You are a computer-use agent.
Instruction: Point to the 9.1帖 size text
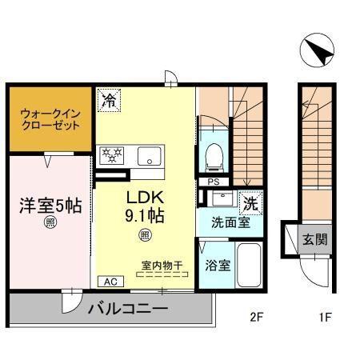[146, 216]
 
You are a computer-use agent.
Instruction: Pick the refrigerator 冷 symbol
[108, 100]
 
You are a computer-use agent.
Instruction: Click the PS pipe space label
[213, 182]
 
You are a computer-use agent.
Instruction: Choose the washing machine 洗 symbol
[250, 203]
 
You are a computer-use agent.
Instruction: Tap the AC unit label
[109, 282]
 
